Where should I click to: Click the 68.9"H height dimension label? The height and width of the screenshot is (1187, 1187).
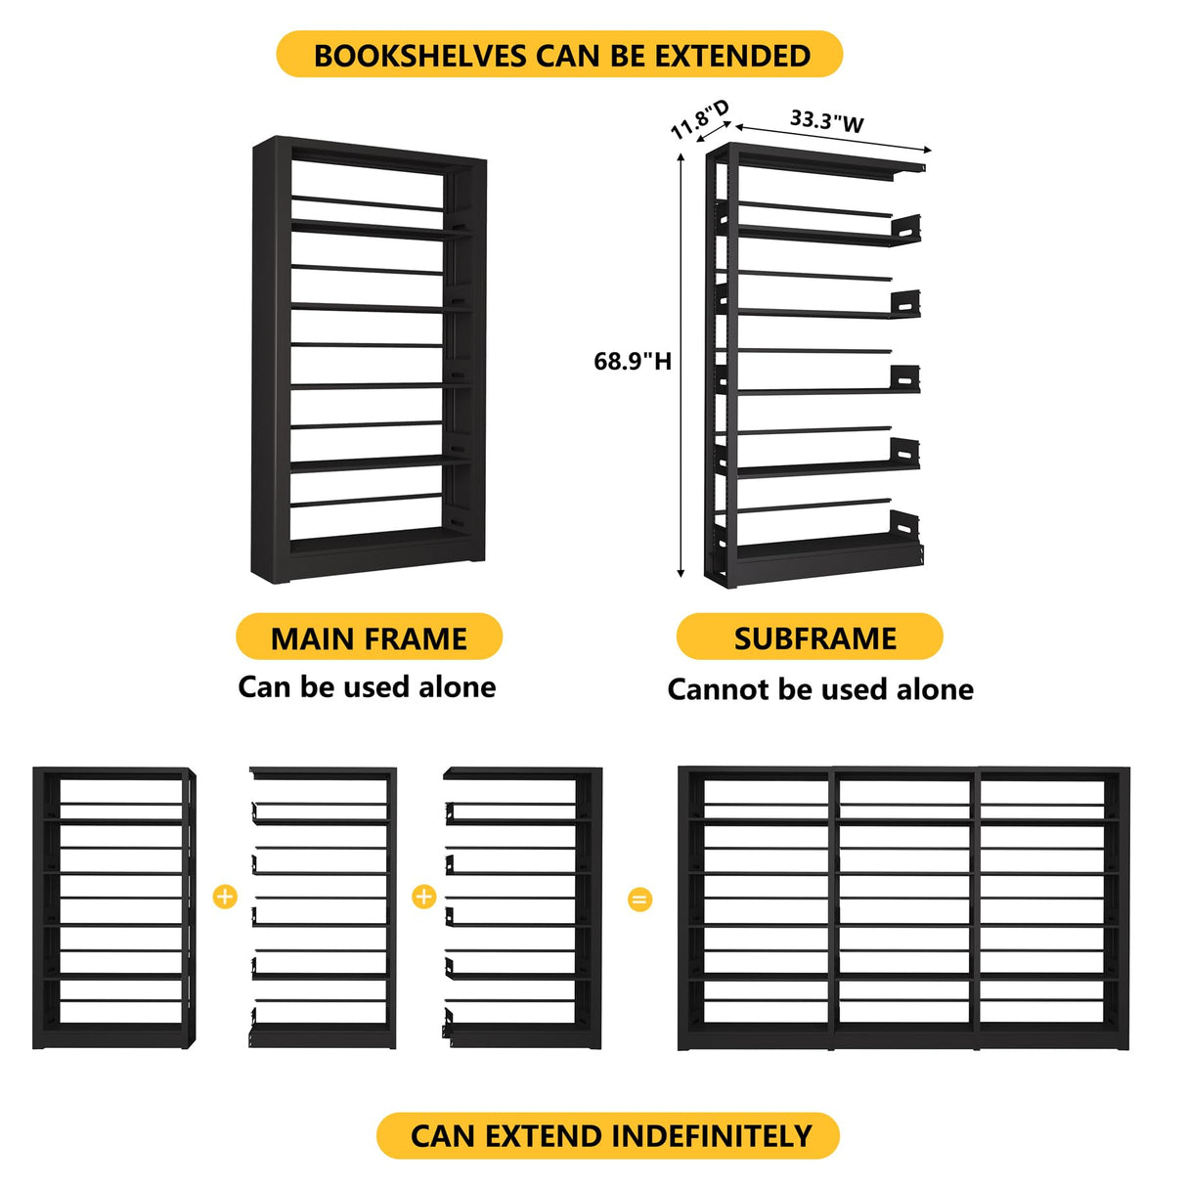[x=633, y=362]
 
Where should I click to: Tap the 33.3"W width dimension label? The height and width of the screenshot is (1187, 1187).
[x=826, y=121]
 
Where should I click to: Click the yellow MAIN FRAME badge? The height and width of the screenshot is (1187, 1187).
[x=369, y=637]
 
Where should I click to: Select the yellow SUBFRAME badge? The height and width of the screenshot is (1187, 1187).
[x=810, y=637]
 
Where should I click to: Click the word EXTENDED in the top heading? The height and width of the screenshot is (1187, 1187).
[x=732, y=56]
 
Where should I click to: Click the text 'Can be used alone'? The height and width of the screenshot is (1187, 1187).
[x=367, y=686]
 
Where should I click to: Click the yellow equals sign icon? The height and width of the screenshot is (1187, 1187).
[x=639, y=899]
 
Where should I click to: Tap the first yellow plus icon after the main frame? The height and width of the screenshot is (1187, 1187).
[x=225, y=896]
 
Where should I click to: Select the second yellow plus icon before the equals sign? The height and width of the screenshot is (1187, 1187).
[x=423, y=896]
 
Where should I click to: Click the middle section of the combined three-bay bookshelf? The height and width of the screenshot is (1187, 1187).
[x=905, y=909]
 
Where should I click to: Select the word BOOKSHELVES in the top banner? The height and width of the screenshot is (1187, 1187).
[x=419, y=56]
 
